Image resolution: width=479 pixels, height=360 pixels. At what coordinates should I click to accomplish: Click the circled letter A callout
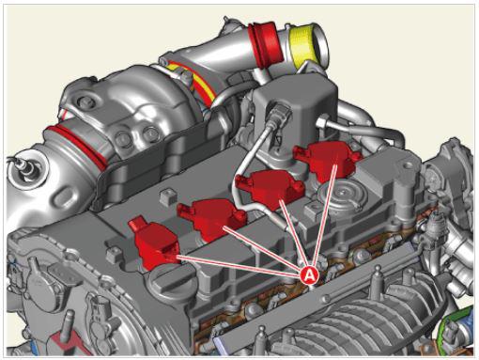(x=309, y=274)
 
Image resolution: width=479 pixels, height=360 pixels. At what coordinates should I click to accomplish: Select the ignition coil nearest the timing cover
(x=153, y=243)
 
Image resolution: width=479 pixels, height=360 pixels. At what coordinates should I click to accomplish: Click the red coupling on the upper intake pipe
(x=267, y=42)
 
